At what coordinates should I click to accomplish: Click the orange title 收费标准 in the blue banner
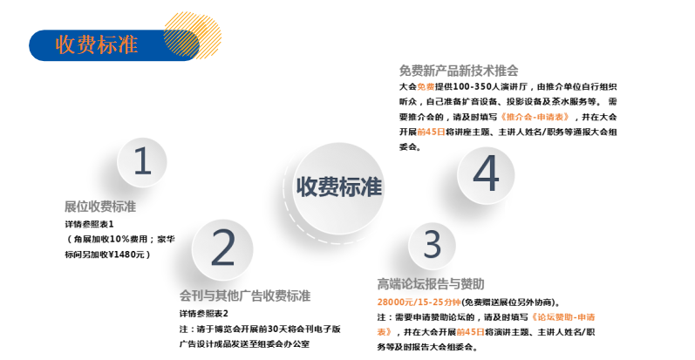pos(97,44)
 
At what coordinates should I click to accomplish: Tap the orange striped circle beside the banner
pos(192,36)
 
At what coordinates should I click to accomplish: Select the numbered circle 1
pos(142,161)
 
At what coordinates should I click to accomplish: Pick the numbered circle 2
pos(222,248)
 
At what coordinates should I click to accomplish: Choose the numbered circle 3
pos(432,245)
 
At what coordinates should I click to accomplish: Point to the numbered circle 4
pos(486,174)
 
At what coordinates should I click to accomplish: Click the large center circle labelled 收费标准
pos(338,187)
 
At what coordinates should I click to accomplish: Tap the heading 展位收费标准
pos(100,207)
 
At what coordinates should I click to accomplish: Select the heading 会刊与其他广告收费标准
pos(245,295)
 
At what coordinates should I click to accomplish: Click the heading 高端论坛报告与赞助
pos(431,283)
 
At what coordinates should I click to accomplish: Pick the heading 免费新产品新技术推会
pos(459,71)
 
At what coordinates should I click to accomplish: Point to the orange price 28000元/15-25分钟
pos(419,302)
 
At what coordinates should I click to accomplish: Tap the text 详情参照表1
pos(89,225)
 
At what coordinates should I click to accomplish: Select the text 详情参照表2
pos(203,314)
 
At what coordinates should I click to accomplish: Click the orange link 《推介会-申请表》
pos(535,117)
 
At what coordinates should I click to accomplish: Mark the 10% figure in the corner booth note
pos(119,239)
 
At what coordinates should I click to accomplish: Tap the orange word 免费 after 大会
pos(426,87)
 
